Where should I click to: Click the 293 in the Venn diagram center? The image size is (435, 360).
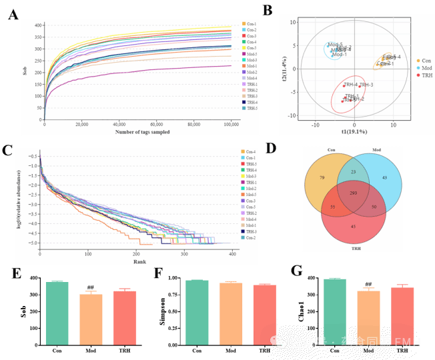(x=353, y=193)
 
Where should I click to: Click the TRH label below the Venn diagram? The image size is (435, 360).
(x=352, y=247)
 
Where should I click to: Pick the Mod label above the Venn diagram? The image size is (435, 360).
(x=377, y=150)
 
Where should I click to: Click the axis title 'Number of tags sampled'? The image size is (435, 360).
(x=142, y=132)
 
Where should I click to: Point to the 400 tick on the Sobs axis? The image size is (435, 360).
(x=39, y=25)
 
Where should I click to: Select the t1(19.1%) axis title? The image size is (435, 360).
(x=354, y=132)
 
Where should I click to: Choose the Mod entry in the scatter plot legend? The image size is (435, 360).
(x=426, y=68)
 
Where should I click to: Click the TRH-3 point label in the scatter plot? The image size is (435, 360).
(x=366, y=85)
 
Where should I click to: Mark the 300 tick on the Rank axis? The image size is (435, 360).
(x=185, y=254)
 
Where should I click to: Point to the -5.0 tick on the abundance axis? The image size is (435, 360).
(x=30, y=243)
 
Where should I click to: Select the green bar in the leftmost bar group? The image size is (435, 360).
(x=57, y=313)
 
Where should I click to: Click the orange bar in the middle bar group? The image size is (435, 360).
(x=231, y=313)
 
